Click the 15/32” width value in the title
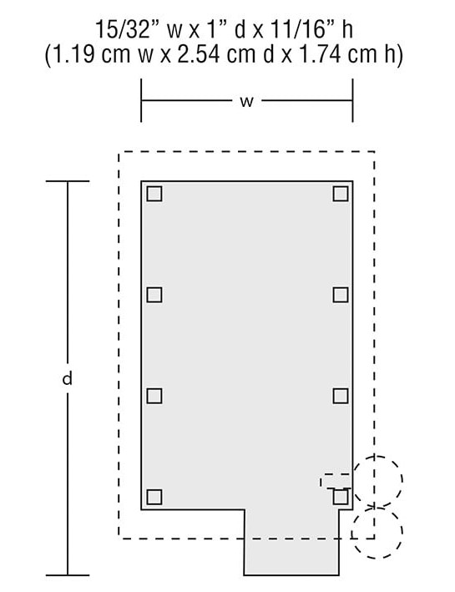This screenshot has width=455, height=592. pyautogui.click(x=123, y=29)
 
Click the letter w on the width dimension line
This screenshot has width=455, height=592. pyautogui.click(x=246, y=101)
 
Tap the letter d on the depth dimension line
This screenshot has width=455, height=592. pyautogui.click(x=68, y=378)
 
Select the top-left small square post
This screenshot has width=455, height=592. pyautogui.click(x=154, y=194)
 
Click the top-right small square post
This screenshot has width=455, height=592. pyautogui.click(x=341, y=194)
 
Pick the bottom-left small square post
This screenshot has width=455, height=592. pyautogui.click(x=154, y=497)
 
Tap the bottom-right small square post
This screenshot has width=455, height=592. pyautogui.click(x=341, y=497)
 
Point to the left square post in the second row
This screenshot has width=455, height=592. pyautogui.click(x=154, y=295)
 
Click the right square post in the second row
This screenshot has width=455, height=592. pyautogui.click(x=341, y=295)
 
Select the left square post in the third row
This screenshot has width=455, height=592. pyautogui.click(x=154, y=396)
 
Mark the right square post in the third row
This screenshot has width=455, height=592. pyautogui.click(x=341, y=396)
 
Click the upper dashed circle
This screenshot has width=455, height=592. pyautogui.click(x=402, y=482)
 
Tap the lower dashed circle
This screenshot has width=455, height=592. pyautogui.click(x=402, y=533)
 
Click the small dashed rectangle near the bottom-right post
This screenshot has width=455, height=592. pyautogui.click(x=336, y=473)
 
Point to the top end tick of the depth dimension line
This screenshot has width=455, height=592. pyautogui.click(x=68, y=181)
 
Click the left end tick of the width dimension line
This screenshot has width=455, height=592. pyautogui.click(x=141, y=100)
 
